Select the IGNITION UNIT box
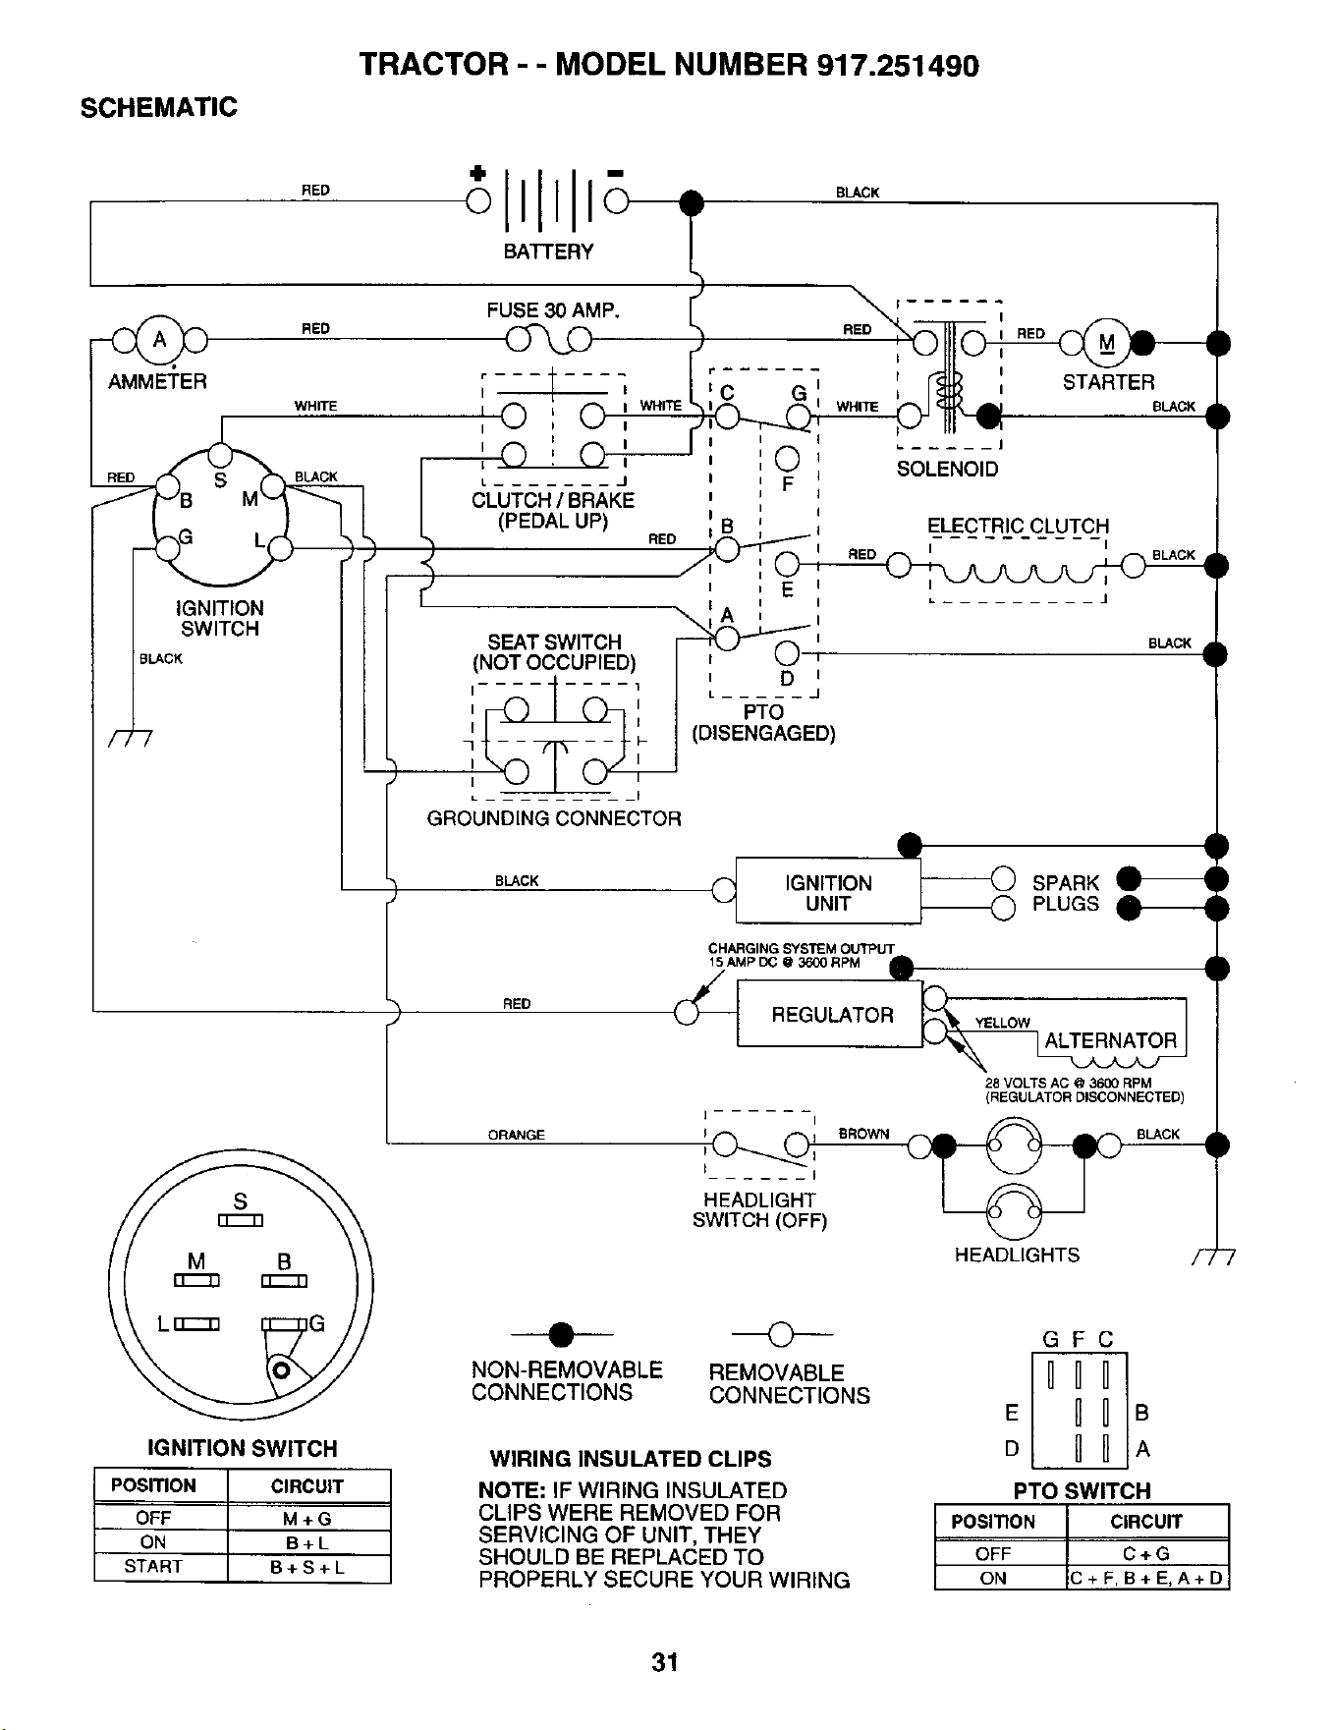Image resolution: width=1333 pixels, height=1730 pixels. [828, 892]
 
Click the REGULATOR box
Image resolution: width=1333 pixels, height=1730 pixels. [830, 1014]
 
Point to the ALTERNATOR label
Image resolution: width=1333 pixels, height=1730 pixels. [1110, 1040]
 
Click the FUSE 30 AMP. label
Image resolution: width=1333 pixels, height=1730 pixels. [554, 311]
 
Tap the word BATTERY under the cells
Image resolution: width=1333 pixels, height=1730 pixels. [548, 251]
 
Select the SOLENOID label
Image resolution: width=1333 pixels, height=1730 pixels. [947, 469]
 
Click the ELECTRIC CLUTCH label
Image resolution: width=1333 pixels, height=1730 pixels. [1019, 526]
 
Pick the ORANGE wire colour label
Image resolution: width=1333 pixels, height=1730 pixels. [516, 1135]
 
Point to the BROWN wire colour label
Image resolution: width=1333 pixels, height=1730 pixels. [863, 1134]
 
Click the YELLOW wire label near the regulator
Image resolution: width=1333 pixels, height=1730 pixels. [1002, 1023]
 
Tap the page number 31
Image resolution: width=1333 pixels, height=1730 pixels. [665, 1662]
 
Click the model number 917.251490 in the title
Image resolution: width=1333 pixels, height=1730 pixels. [898, 65]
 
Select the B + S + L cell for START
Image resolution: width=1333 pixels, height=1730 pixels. [308, 1567]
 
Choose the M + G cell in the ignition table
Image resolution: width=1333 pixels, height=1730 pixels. [308, 1518]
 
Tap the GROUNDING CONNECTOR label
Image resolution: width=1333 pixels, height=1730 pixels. [554, 818]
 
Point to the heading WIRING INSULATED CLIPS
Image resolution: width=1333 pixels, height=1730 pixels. [631, 1459]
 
